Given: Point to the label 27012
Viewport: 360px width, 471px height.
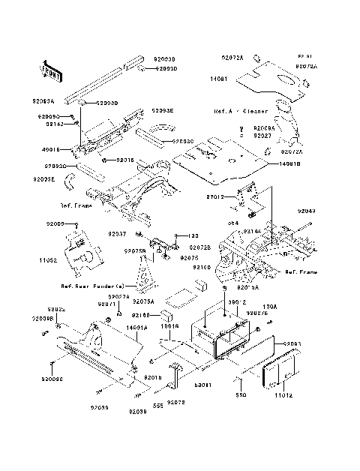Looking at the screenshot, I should click(217, 196).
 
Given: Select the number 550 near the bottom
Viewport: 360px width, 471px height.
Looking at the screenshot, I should click(241, 394).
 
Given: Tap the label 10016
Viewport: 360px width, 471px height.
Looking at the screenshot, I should click(172, 328).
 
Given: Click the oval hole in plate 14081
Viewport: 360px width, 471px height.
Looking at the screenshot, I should click(286, 79).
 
